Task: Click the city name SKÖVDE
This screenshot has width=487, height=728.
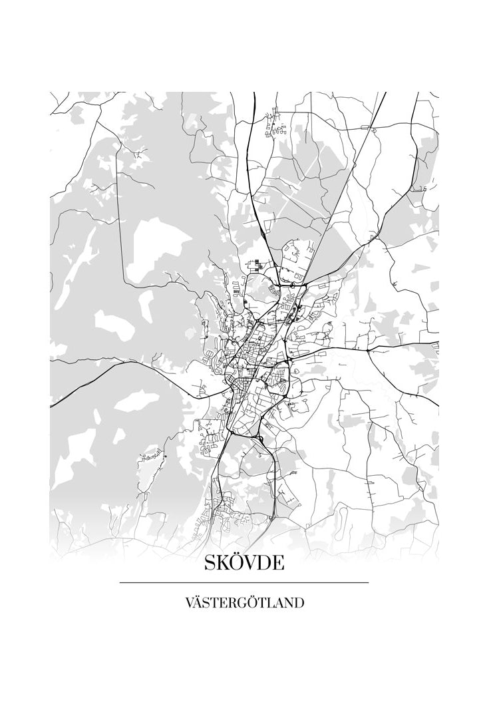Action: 243,563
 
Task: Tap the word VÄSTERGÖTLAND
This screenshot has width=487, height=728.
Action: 243,603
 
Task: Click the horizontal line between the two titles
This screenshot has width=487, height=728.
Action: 243,583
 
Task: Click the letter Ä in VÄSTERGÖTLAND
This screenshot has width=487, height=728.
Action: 196,603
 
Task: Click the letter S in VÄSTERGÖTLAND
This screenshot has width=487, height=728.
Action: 206,603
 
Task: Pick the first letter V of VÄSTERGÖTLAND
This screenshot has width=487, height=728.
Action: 188,603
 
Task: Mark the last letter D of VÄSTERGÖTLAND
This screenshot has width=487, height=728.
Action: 299,603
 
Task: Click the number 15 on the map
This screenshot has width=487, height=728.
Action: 422,190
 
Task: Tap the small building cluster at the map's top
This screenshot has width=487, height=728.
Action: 275,126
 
